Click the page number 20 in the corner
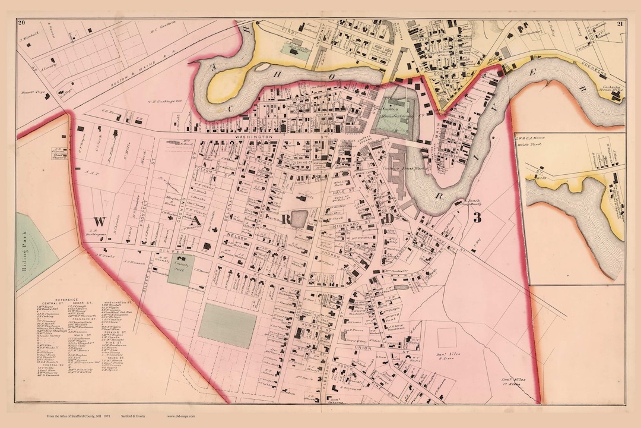(x=21, y=23)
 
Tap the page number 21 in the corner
(x=619, y=23)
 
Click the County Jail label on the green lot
(x=176, y=270)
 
